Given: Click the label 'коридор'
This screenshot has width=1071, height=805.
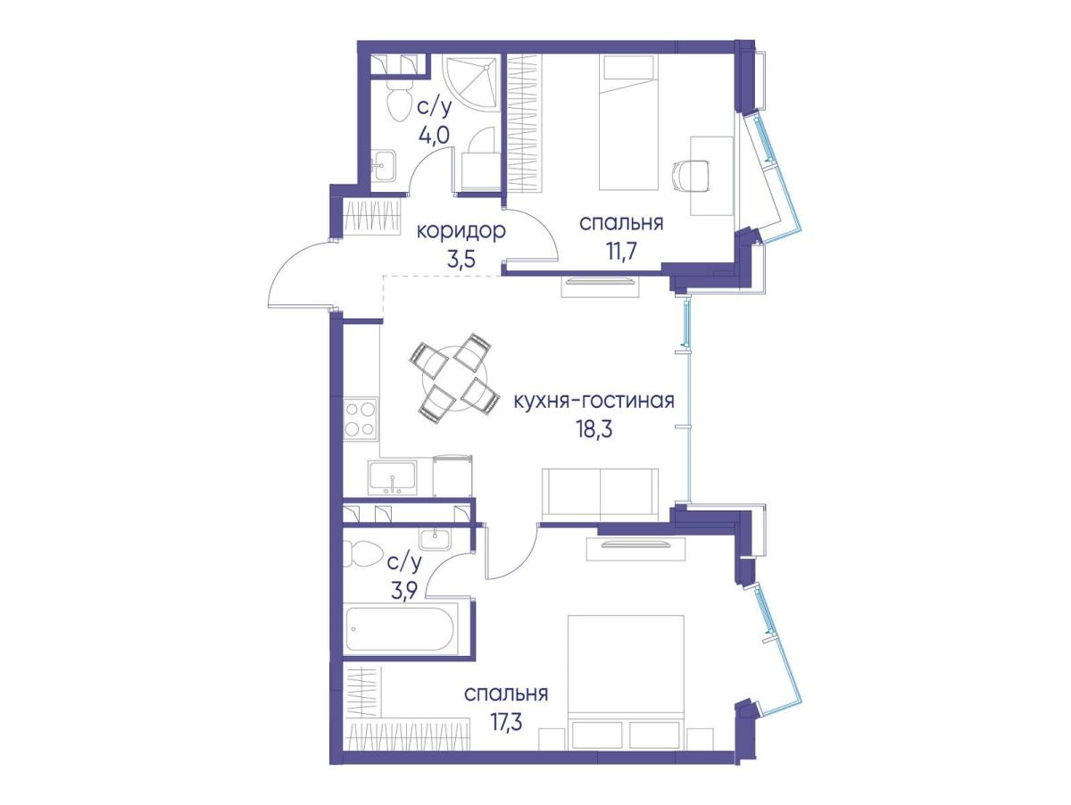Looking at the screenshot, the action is tap(461, 232).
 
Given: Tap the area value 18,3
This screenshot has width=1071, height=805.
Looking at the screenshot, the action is tap(594, 429).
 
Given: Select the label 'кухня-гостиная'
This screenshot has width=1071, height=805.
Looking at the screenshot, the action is tap(594, 402).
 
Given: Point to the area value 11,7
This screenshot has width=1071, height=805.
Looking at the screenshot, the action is tap(621, 252).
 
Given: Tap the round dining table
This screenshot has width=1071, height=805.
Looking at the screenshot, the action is tap(455, 378).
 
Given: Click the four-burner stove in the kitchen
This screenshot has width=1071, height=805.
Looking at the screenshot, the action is tap(361, 419).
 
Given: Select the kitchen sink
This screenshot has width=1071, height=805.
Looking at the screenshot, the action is tap(393, 477).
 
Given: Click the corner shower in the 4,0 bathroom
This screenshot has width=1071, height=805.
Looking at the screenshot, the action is tap(471, 83).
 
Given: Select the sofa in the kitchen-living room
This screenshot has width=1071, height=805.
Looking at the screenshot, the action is tap(600, 493).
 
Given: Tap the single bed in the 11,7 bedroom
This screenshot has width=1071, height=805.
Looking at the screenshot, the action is tap(628, 122).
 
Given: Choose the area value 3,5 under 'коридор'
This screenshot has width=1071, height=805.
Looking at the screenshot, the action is tap(461, 259).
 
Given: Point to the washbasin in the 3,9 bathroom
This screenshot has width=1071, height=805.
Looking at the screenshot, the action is tap(435, 539).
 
